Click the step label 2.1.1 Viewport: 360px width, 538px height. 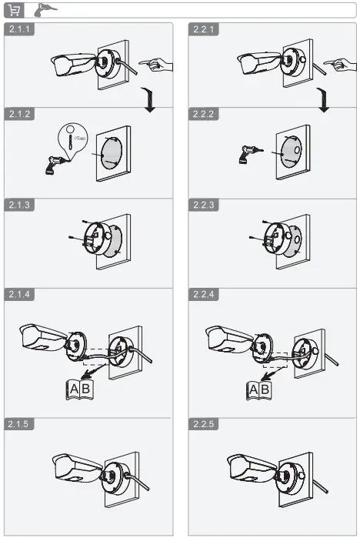click(x=20, y=29)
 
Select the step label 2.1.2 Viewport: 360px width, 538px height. click(x=20, y=114)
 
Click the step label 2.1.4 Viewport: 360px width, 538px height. click(x=20, y=295)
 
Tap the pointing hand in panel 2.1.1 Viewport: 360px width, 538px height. click(x=157, y=65)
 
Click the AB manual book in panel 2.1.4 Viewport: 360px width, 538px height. click(x=78, y=389)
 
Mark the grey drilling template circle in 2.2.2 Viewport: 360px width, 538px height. click(x=289, y=152)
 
